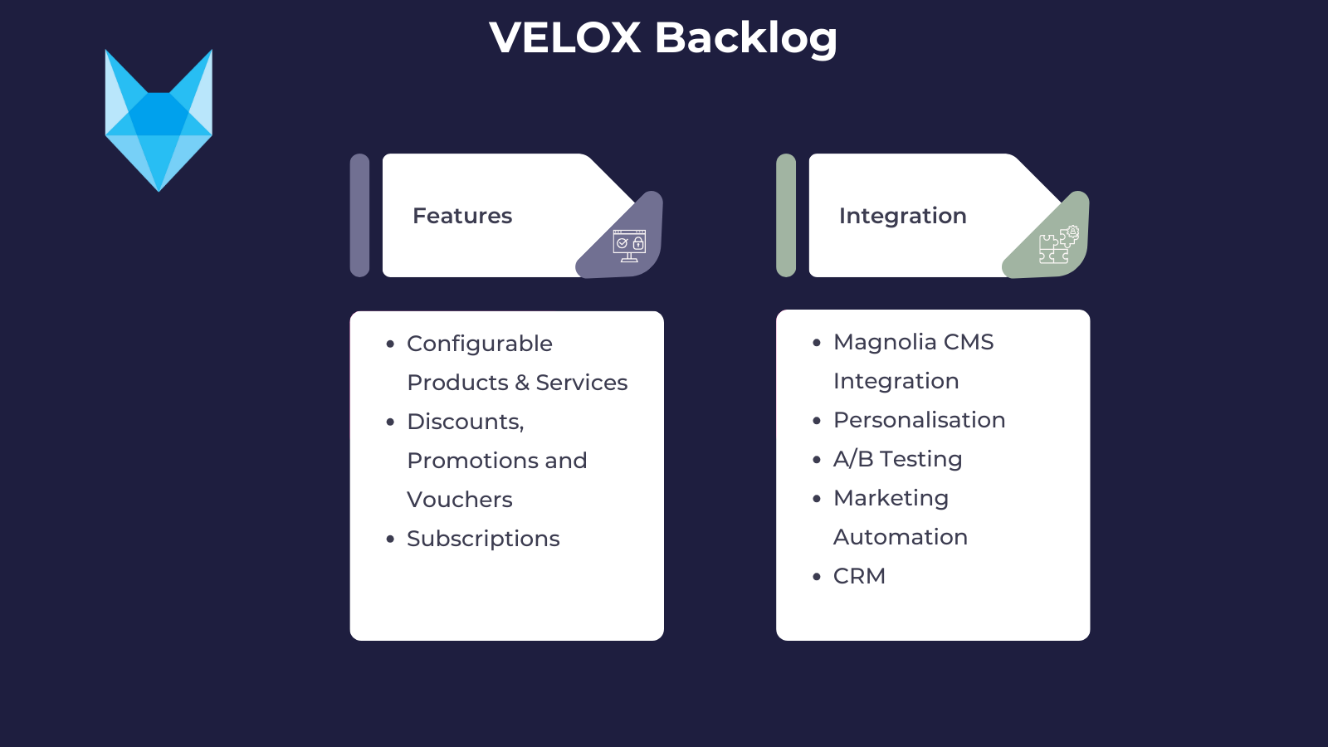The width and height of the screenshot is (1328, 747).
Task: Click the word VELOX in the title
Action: tap(565, 38)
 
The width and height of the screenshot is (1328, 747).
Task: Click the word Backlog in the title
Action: tap(745, 38)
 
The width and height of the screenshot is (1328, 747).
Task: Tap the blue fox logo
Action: tap(159, 121)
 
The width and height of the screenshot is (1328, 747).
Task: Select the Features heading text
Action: tap(462, 216)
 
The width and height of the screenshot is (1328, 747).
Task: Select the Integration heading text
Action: tap(902, 216)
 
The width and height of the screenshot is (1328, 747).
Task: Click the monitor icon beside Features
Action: tap(629, 245)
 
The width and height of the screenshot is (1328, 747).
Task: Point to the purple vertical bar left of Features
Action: tap(359, 215)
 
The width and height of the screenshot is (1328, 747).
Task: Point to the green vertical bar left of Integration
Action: tap(786, 215)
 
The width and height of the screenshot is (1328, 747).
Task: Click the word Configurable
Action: tap(479, 344)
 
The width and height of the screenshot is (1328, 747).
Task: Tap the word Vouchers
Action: tap(459, 500)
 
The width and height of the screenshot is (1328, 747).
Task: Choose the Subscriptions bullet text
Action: tap(483, 539)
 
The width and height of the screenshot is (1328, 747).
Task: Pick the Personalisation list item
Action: tap(919, 420)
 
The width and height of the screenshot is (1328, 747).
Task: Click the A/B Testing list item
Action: tap(897, 459)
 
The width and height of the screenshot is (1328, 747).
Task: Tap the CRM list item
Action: tap(859, 576)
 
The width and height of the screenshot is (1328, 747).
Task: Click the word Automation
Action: tap(900, 537)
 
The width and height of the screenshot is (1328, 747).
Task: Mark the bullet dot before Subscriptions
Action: tap(390, 539)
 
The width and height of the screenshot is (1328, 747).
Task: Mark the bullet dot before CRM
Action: tap(817, 577)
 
